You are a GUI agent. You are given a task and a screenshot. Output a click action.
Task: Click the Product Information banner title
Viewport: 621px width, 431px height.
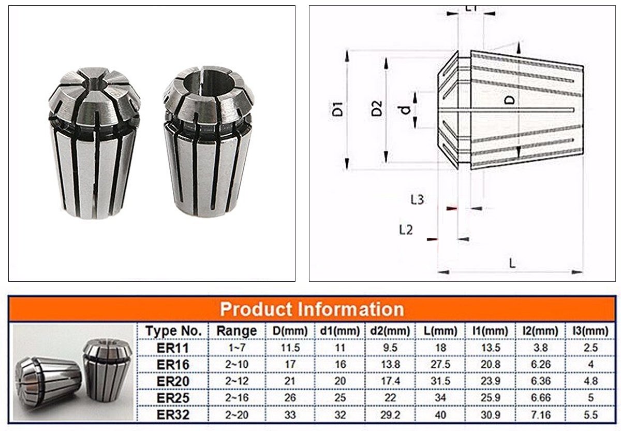(312, 309)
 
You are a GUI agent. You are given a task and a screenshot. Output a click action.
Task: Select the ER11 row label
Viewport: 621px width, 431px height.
(173, 348)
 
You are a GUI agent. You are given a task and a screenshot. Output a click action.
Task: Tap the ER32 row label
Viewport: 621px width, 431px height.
(173, 414)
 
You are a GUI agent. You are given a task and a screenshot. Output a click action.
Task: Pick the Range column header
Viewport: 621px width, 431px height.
(236, 331)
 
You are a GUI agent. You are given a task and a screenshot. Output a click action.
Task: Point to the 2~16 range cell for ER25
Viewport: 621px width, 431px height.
(236, 398)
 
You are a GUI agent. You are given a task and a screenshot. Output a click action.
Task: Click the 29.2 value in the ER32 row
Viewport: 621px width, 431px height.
(391, 414)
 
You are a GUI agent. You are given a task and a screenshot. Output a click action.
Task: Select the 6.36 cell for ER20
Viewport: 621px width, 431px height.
(540, 381)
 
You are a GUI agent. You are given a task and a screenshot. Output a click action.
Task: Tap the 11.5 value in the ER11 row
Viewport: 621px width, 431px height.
(290, 348)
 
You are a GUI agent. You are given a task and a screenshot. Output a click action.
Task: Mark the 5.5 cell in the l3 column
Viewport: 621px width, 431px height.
(590, 414)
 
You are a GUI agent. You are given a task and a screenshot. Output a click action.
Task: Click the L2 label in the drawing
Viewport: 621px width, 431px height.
(406, 229)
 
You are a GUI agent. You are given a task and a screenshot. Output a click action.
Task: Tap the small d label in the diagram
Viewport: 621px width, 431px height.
(407, 109)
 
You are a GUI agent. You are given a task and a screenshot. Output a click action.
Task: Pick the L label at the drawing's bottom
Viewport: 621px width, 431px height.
(512, 263)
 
